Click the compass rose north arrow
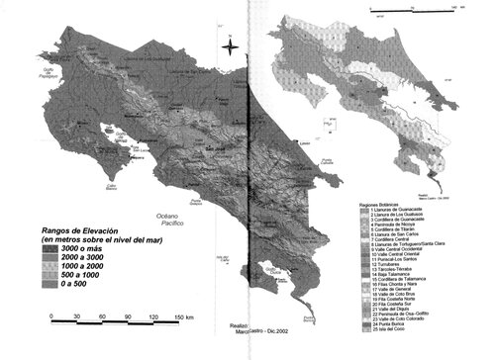pos(227,45)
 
